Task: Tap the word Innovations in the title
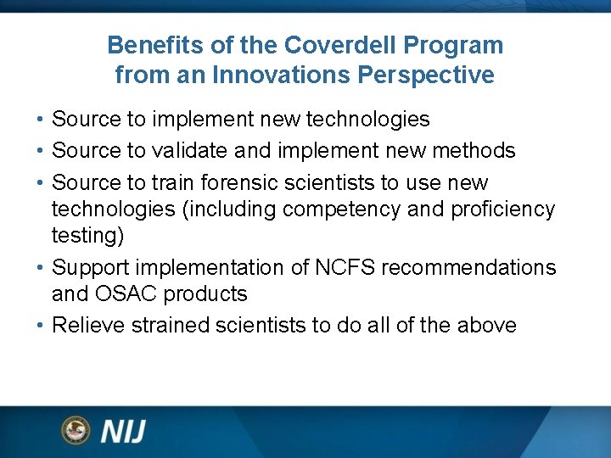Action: (x=282, y=75)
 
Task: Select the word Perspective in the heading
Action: (x=426, y=75)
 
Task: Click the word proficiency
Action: (x=501, y=209)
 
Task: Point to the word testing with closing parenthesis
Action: (x=87, y=235)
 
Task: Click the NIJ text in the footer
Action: (x=123, y=431)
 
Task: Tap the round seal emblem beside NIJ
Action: (x=76, y=430)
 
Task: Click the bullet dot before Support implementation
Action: (x=41, y=268)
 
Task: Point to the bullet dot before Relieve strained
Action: (x=41, y=327)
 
